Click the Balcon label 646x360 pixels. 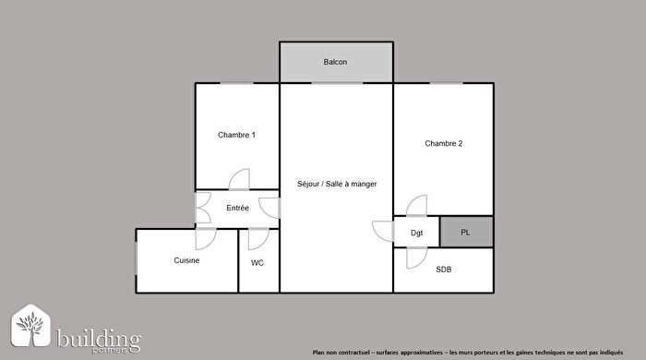point(335,63)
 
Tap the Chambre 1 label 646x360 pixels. point(236,135)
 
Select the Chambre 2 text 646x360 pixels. point(443,143)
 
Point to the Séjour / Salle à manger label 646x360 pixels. point(337,184)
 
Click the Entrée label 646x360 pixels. point(237,209)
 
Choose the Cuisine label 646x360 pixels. point(187,260)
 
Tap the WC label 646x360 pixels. point(257,262)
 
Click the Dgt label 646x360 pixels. point(416,233)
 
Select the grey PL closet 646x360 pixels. point(466,232)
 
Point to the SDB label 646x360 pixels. point(445,270)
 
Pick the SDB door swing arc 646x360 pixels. point(406,258)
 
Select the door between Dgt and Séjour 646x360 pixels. point(382,231)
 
